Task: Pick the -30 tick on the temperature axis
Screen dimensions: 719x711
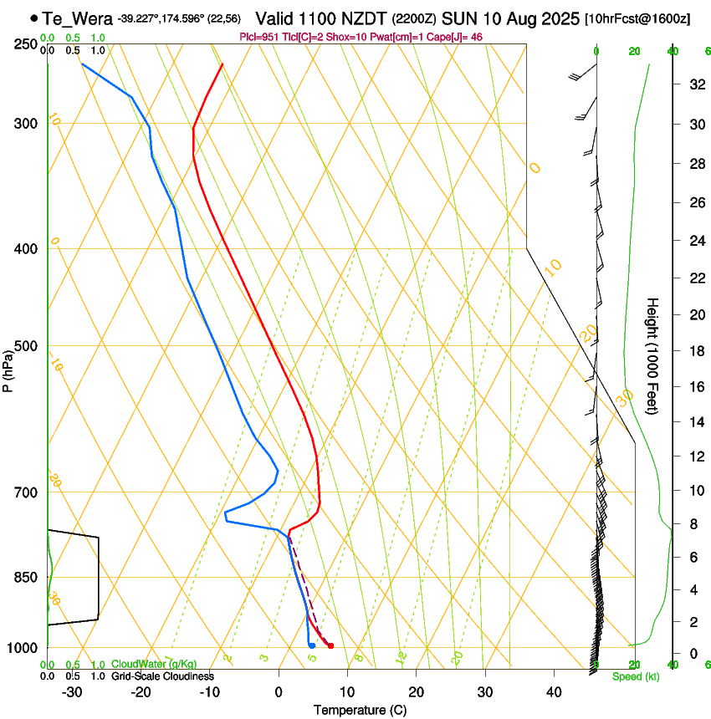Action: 72,692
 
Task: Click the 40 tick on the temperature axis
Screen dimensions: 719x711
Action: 553,692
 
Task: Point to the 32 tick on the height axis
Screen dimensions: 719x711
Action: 694,84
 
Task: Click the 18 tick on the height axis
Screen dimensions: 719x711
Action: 694,351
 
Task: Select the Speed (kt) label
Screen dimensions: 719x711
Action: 635,676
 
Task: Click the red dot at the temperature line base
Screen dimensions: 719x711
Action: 331,645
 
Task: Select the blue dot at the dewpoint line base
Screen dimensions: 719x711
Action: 311,645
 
